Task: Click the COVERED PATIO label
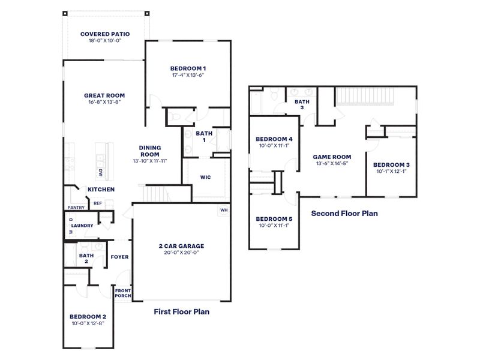105,34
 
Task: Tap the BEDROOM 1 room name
188,68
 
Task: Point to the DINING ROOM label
149,150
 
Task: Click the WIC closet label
206,178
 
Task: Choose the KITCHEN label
101,190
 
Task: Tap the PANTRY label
76,208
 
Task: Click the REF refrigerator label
97,203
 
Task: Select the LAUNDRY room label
82,226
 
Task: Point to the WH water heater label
223,210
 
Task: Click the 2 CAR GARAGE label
181,245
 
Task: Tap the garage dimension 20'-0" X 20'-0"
181,253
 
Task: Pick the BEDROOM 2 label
88,316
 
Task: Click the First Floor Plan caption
182,312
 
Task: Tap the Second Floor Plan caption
344,213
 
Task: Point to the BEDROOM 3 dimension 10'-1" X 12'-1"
391,172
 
